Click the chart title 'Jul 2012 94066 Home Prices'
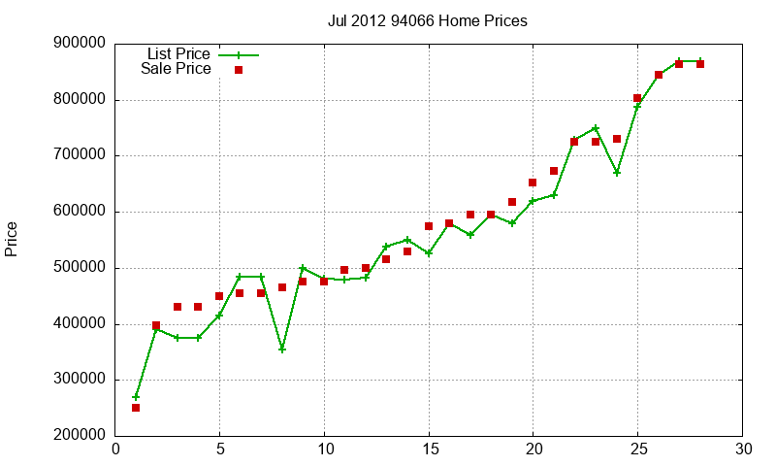tap(428, 20)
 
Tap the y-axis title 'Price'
tap(12, 239)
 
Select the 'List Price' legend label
tap(178, 54)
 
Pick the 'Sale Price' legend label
tap(176, 69)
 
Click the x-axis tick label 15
tap(429, 449)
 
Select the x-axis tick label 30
tap(742, 449)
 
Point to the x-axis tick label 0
tap(115, 449)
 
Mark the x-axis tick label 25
tap(637, 449)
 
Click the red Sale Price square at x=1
tap(136, 408)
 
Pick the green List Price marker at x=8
tap(282, 349)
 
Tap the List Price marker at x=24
tap(617, 173)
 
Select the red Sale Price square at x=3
tap(178, 307)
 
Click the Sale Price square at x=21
tap(554, 171)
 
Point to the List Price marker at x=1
tap(136, 397)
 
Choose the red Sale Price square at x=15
tap(429, 226)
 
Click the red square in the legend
tap(239, 70)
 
